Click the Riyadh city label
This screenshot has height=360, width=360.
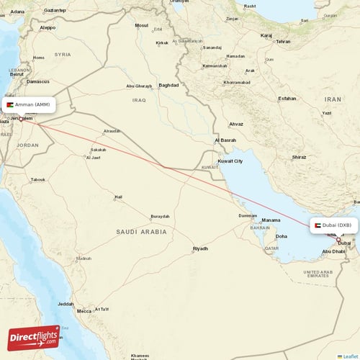click(x=199, y=248)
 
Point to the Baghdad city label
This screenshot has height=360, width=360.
click(x=168, y=85)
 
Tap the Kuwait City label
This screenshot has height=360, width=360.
click(x=230, y=161)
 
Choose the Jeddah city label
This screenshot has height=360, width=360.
click(x=66, y=304)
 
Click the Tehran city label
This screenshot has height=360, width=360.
click(x=283, y=42)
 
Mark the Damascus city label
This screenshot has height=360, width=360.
click(x=37, y=81)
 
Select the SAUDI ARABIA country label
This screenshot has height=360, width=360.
click(x=141, y=232)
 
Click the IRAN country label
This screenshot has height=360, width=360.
click(x=332, y=99)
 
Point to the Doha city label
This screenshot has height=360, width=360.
click(x=281, y=236)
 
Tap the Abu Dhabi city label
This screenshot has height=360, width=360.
click(x=333, y=251)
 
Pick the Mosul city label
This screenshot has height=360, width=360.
click(x=141, y=25)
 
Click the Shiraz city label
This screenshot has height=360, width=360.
click(x=299, y=156)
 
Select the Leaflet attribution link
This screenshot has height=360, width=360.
click(x=348, y=356)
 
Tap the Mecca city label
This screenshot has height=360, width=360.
click(x=84, y=311)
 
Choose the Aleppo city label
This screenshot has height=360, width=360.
click(x=48, y=27)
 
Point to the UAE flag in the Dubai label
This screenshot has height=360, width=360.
click(x=315, y=225)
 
